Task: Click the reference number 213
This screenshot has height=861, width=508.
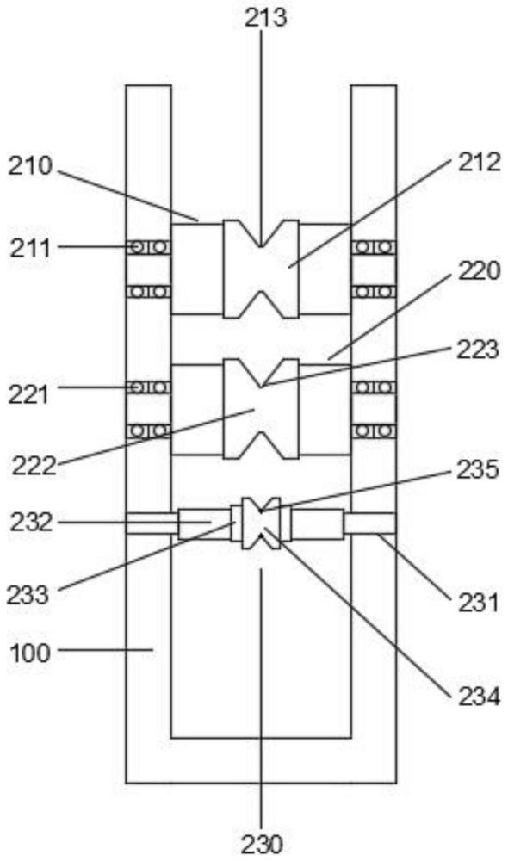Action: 265,17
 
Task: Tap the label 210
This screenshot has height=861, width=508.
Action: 30,166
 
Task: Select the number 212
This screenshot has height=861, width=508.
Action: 480,162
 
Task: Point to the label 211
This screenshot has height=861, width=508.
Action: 30,249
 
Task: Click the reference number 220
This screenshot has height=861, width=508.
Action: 480,270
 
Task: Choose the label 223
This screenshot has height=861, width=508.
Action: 478,350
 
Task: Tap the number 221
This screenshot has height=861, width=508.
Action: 28,394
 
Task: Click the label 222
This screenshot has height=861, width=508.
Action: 34,467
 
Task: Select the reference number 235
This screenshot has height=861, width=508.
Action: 478,469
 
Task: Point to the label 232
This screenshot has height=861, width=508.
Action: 32,522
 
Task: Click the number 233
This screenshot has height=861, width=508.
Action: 28,595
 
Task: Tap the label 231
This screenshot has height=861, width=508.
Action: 478,603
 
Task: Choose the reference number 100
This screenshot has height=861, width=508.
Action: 30,653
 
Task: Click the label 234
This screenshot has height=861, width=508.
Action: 479,697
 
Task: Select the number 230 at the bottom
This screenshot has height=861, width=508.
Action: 262,844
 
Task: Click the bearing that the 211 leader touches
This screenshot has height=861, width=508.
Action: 148,247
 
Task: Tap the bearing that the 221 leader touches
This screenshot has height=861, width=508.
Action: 148,387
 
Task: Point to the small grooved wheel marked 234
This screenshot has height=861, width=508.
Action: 261,523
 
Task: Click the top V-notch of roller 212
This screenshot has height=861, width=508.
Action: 262,234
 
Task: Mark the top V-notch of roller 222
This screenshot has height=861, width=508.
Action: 262,374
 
